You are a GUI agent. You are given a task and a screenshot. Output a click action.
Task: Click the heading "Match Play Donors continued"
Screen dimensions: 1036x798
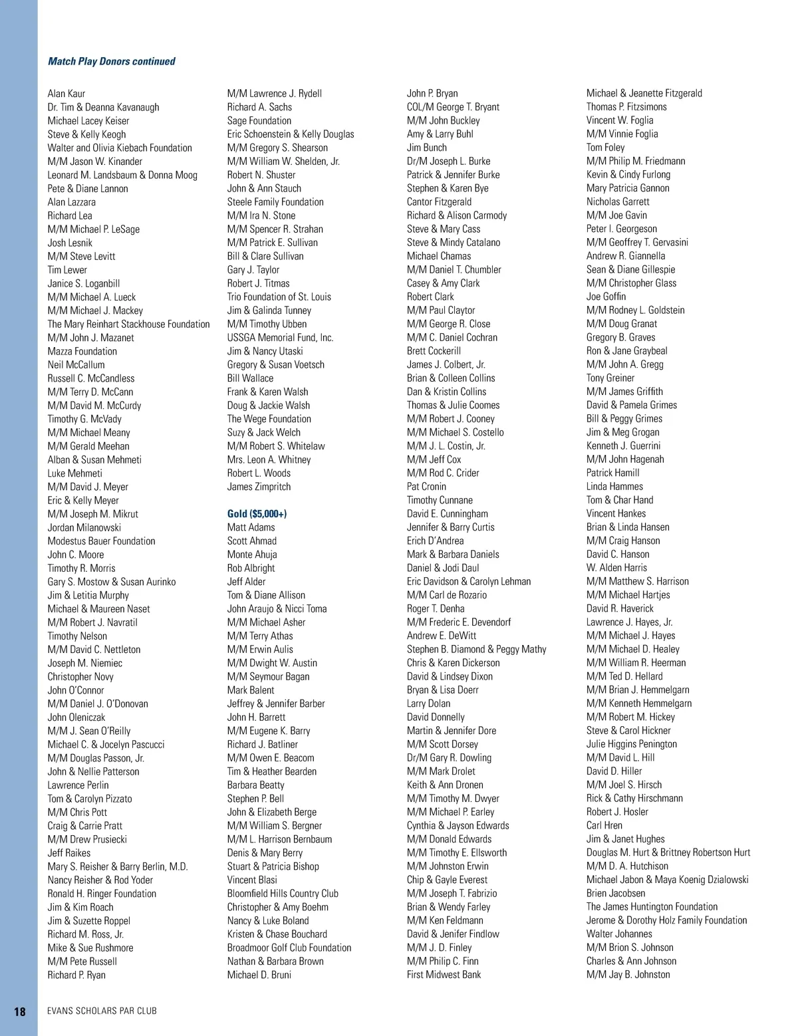111,61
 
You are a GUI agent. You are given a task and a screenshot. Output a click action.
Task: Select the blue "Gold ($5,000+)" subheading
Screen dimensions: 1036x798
257,514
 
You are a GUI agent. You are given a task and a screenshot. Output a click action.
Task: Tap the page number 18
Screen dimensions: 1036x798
20,1011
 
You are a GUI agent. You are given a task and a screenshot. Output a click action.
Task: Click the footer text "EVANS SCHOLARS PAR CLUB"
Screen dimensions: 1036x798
102,1011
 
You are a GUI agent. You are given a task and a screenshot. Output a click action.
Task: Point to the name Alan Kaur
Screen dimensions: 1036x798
66,94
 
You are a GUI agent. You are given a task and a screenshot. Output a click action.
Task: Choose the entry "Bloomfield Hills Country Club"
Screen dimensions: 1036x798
283,894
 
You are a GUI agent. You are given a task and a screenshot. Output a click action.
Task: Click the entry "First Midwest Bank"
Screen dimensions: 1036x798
444,975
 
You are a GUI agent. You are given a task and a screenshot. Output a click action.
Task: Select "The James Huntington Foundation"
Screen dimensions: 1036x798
652,907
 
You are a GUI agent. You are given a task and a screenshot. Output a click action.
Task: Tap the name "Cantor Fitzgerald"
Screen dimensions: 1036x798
439,202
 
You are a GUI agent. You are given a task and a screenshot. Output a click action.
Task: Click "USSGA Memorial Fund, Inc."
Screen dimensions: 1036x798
280,338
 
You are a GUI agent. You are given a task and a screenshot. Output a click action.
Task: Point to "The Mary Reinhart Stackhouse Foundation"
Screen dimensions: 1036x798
128,324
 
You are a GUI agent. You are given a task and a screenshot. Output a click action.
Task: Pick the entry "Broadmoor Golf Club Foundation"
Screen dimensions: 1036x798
289,948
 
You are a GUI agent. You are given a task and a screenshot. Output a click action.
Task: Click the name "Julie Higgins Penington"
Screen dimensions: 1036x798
632,744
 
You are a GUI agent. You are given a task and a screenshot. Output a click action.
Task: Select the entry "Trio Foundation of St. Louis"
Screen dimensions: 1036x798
279,297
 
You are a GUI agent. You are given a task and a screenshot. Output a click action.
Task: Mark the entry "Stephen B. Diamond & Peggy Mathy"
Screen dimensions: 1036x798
476,650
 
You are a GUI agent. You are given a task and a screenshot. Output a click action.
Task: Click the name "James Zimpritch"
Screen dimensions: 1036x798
259,487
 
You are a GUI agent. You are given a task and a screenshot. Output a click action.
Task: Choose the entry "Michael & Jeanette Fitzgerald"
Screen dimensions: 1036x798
644,94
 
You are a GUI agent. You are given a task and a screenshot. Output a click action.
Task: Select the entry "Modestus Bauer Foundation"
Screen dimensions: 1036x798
101,541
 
